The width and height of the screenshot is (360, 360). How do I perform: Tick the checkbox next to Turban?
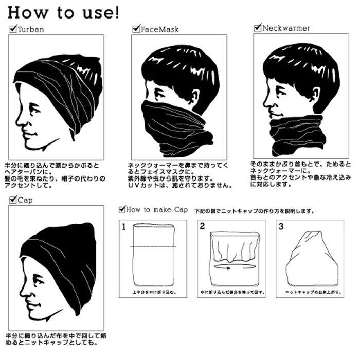13,29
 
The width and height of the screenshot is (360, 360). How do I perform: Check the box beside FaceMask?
136,29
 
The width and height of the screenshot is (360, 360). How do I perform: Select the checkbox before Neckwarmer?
258,28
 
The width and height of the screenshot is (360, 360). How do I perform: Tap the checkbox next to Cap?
13,200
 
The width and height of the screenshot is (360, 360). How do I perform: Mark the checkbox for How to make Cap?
122,209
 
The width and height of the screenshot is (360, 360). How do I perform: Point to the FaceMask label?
160,30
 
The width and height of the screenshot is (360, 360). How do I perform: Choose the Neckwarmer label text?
286,28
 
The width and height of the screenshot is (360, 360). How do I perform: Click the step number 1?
124,226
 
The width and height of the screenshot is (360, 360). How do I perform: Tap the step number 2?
202,226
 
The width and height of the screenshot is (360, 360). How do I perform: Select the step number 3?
280,226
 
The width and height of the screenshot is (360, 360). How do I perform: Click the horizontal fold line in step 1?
153,247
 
